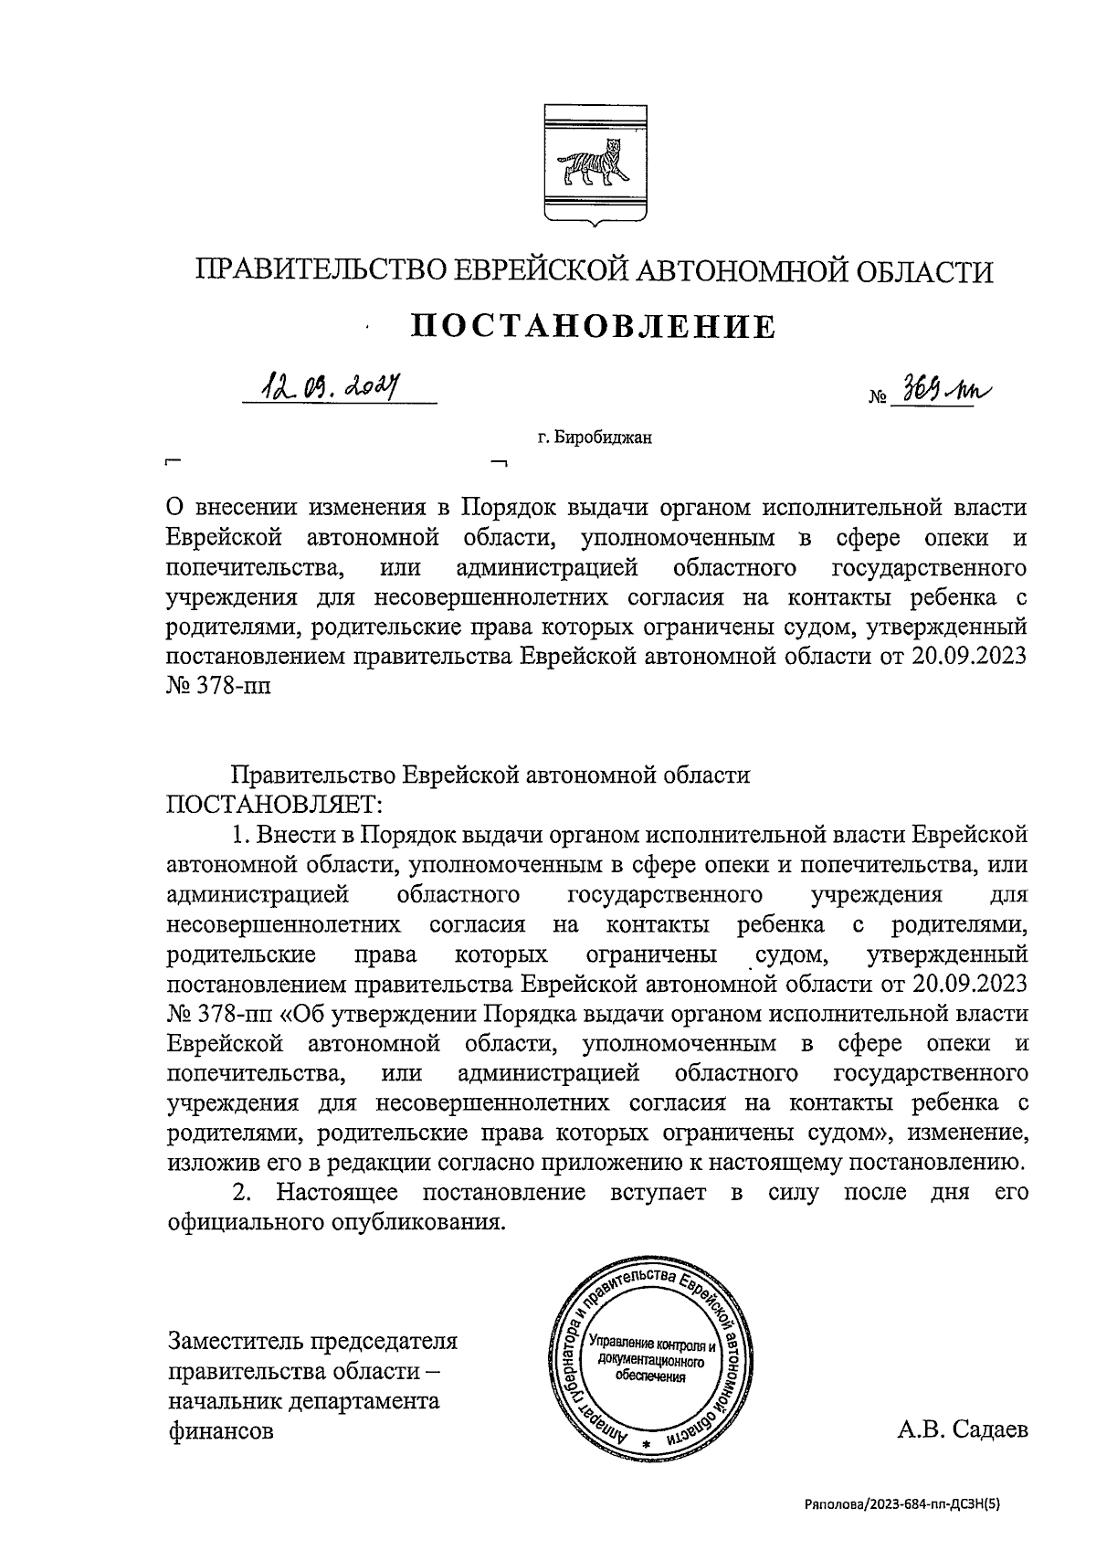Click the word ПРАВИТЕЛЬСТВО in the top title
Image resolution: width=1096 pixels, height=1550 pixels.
click(x=319, y=271)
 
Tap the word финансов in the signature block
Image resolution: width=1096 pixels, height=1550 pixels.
click(x=220, y=1430)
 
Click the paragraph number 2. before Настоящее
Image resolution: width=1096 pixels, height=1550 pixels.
click(x=242, y=1193)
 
